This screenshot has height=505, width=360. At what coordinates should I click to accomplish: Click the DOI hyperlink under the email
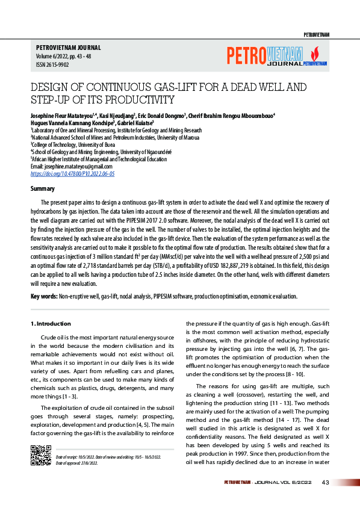pos(72,173)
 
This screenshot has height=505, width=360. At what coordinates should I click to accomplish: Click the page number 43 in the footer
pos(325,482)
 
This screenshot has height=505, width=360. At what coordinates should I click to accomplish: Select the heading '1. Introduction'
pos(51,324)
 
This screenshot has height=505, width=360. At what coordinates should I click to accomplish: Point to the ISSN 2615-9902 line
pos(52,64)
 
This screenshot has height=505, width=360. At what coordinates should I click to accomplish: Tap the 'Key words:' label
pos(44,296)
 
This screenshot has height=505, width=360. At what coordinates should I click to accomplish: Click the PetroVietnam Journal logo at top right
pos(276,55)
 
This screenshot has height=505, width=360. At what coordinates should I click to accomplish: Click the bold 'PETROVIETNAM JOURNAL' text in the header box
pos(68,47)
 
